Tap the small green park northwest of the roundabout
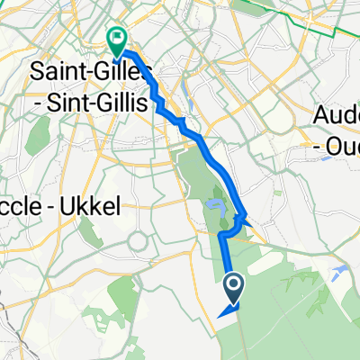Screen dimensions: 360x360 point(115,222)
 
